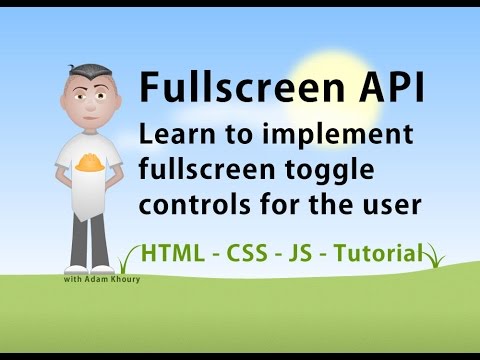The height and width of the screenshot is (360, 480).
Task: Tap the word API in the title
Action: point(384,90)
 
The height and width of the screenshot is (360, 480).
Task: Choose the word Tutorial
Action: point(385,252)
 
